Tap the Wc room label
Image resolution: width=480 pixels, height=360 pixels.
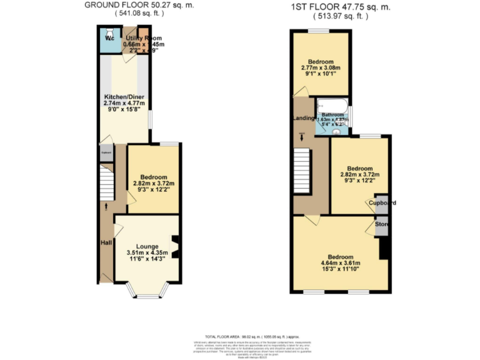point(109,38)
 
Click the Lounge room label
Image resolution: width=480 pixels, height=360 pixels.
point(147,246)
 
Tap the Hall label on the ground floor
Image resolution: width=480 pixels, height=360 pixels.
point(106,242)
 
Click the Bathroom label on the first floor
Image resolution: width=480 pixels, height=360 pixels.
point(333,115)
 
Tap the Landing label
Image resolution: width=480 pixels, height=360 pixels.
point(303,118)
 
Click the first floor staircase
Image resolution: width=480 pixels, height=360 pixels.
point(302,171)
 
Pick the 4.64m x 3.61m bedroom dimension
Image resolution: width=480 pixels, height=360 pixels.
point(341,264)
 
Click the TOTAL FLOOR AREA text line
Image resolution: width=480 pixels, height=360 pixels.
point(239,336)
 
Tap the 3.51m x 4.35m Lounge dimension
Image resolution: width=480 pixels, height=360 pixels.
point(147,253)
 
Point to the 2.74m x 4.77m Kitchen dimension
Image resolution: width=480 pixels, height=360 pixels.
point(122,103)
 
